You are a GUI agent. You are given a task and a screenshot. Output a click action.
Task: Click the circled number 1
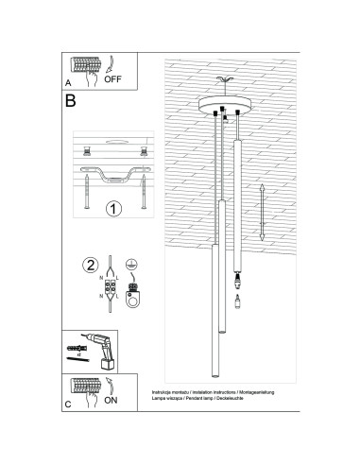coord(111,209)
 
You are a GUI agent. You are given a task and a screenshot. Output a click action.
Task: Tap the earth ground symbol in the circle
coord(133,267)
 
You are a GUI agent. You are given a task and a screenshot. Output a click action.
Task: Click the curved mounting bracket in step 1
coord(113,177)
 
